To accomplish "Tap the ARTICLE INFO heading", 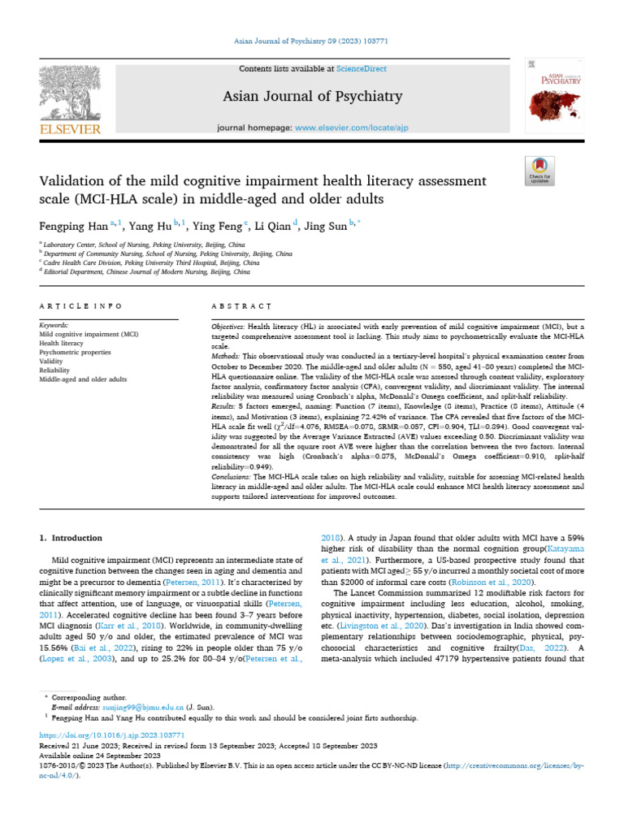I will click(x=80, y=306).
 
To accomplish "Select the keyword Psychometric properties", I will click(x=76, y=352).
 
